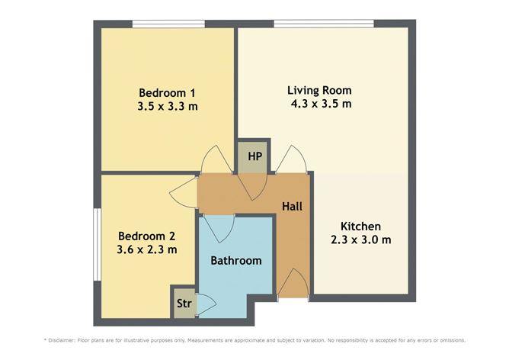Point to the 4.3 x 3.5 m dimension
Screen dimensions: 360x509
pos(320,104)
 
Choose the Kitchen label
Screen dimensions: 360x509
pos(360,227)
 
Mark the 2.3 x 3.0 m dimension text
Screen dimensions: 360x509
pos(360,240)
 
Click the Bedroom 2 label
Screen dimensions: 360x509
pos(147,235)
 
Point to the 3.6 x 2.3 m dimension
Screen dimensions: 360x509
pos(147,249)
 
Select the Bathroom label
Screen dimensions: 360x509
pos(236,260)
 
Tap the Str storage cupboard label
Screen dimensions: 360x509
pos(183,303)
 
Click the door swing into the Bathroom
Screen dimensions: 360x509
pos(219,226)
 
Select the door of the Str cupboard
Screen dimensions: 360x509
pos(205,303)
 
